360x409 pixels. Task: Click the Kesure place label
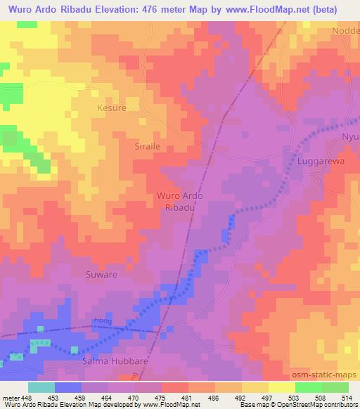click(x=111, y=109)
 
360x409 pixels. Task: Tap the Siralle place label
click(x=129, y=147)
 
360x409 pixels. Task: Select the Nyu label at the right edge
click(x=350, y=136)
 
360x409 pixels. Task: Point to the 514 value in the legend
click(x=348, y=397)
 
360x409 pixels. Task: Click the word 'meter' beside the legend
click(x=10, y=397)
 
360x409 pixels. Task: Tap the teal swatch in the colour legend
click(x=41, y=387)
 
